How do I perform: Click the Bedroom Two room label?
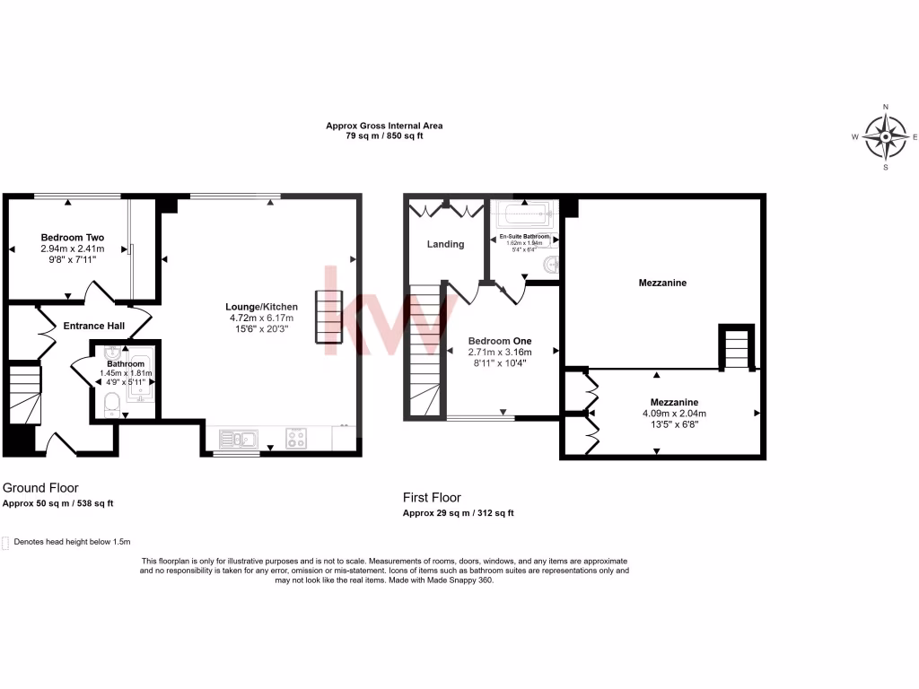click(72, 237)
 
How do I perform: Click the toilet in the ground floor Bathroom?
click(111, 404)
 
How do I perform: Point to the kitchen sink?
click(238, 440)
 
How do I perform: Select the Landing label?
click(445, 244)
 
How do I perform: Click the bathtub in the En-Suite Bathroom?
click(526, 216)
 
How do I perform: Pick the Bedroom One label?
click(500, 341)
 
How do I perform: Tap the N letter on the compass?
click(886, 107)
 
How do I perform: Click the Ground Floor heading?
click(40, 488)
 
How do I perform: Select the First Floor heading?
click(432, 497)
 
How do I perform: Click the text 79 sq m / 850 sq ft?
click(384, 136)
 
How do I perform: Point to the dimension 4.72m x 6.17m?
click(260, 318)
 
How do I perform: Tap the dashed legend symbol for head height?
click(6, 542)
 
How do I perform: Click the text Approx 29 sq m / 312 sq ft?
click(458, 513)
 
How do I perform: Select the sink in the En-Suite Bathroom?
click(550, 264)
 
